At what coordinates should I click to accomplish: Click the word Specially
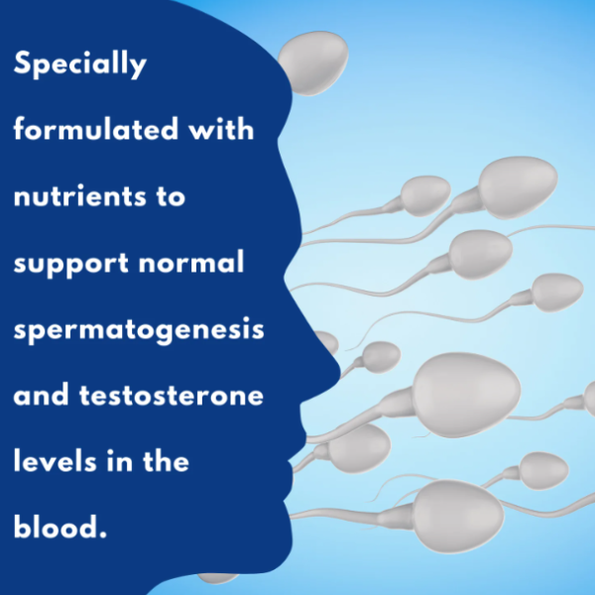tap(80, 63)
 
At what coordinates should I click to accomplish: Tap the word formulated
tap(96, 129)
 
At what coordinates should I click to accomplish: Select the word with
tap(221, 129)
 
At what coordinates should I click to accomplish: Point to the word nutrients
tap(79, 196)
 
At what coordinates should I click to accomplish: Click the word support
tap(71, 264)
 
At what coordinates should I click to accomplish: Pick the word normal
tap(191, 262)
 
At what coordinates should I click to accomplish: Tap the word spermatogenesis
tap(139, 330)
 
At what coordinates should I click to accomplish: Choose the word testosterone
tap(172, 395)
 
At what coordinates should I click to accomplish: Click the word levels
tap(55, 460)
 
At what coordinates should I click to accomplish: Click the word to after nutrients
tap(171, 197)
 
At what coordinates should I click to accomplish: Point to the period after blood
tap(102, 535)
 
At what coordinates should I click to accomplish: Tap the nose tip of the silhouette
tap(339, 367)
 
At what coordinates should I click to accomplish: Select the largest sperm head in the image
tap(467, 395)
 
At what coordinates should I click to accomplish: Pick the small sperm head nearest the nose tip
tap(381, 356)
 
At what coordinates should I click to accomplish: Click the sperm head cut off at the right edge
tap(589, 400)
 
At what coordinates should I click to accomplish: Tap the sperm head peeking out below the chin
tap(217, 577)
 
